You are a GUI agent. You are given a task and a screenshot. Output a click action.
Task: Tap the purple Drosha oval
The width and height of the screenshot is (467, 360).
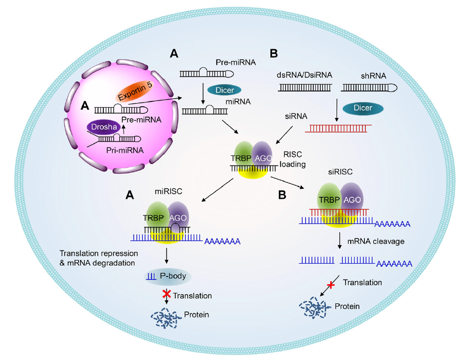coord(103,127)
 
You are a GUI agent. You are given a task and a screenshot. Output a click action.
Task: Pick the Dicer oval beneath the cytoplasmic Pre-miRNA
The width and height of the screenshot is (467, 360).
coord(225,89)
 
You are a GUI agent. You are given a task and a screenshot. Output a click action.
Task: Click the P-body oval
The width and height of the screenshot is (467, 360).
coord(167,276)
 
